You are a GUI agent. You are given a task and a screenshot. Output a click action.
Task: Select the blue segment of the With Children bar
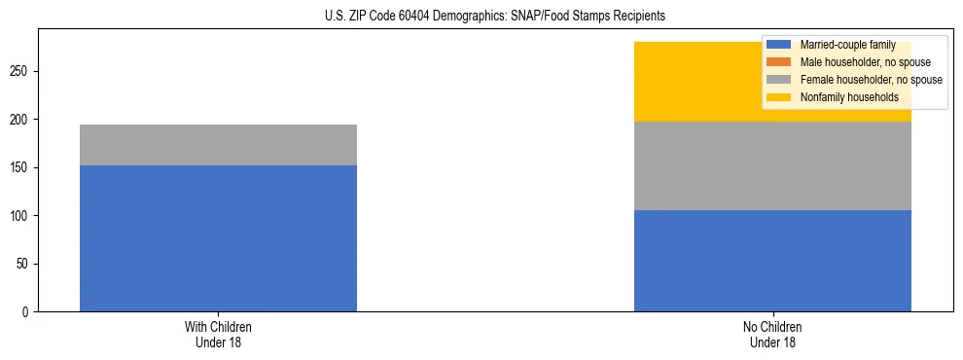pos(218,238)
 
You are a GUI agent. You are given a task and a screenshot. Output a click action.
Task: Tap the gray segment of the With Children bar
pos(218,145)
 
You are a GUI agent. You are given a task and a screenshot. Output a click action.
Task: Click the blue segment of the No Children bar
pos(772,261)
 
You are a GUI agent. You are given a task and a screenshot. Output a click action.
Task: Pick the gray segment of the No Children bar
pos(772,165)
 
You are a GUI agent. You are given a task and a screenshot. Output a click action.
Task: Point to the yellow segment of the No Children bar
pos(700,82)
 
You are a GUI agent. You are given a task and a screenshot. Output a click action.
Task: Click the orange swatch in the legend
pos(779,62)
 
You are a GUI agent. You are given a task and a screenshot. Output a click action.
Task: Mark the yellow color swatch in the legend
pos(779,97)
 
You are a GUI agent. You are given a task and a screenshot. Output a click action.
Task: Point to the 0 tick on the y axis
pos(28,312)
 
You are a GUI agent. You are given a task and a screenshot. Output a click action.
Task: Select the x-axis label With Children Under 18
pos(218,335)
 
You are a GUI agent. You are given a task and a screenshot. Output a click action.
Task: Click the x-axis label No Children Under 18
pos(772,335)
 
